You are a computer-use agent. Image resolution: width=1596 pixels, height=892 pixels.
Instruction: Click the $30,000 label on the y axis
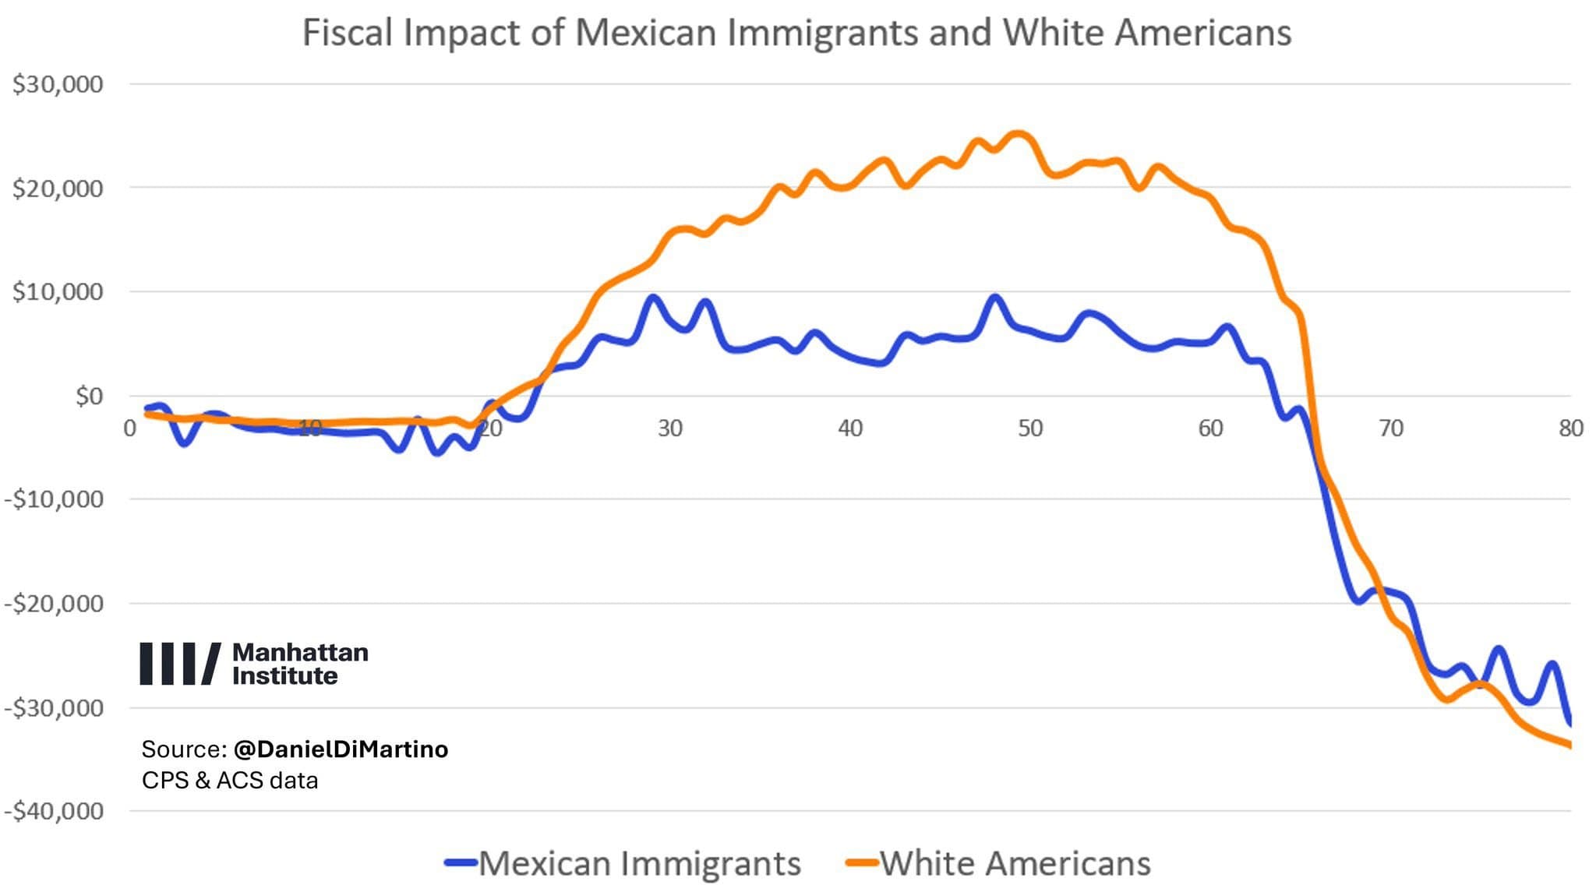pos(58,84)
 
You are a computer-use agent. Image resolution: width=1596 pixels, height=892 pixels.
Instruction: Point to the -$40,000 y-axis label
pos(54,811)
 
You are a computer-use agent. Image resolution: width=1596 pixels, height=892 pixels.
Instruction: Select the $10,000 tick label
pos(58,292)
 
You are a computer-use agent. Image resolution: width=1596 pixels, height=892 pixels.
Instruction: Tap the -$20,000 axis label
pos(54,604)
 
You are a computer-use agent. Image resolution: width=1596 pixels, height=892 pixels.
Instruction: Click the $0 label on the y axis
pos(89,397)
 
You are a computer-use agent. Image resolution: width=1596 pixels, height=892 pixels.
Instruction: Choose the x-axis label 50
pos(1030,428)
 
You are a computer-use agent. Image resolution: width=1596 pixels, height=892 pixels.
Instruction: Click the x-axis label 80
pos(1570,428)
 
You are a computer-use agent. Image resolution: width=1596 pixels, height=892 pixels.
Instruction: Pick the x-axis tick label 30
pos(669,428)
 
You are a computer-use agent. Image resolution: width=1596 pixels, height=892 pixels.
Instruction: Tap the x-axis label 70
pos(1390,428)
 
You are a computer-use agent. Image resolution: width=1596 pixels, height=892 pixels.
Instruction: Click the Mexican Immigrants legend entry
pos(623,863)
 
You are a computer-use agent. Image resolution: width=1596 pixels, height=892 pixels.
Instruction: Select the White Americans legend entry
pos(999,863)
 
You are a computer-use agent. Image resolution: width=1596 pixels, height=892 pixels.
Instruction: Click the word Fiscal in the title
pos(346,33)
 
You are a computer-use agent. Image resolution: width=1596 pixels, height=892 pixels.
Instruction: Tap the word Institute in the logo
pos(284,675)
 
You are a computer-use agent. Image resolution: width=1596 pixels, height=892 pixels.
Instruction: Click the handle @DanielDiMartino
pos(341,749)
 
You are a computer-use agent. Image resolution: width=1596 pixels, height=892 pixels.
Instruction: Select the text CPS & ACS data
pos(229,781)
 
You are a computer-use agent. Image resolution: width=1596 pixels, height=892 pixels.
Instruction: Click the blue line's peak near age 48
pos(994,298)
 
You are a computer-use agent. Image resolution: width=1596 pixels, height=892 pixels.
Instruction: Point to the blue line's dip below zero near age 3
pos(185,442)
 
